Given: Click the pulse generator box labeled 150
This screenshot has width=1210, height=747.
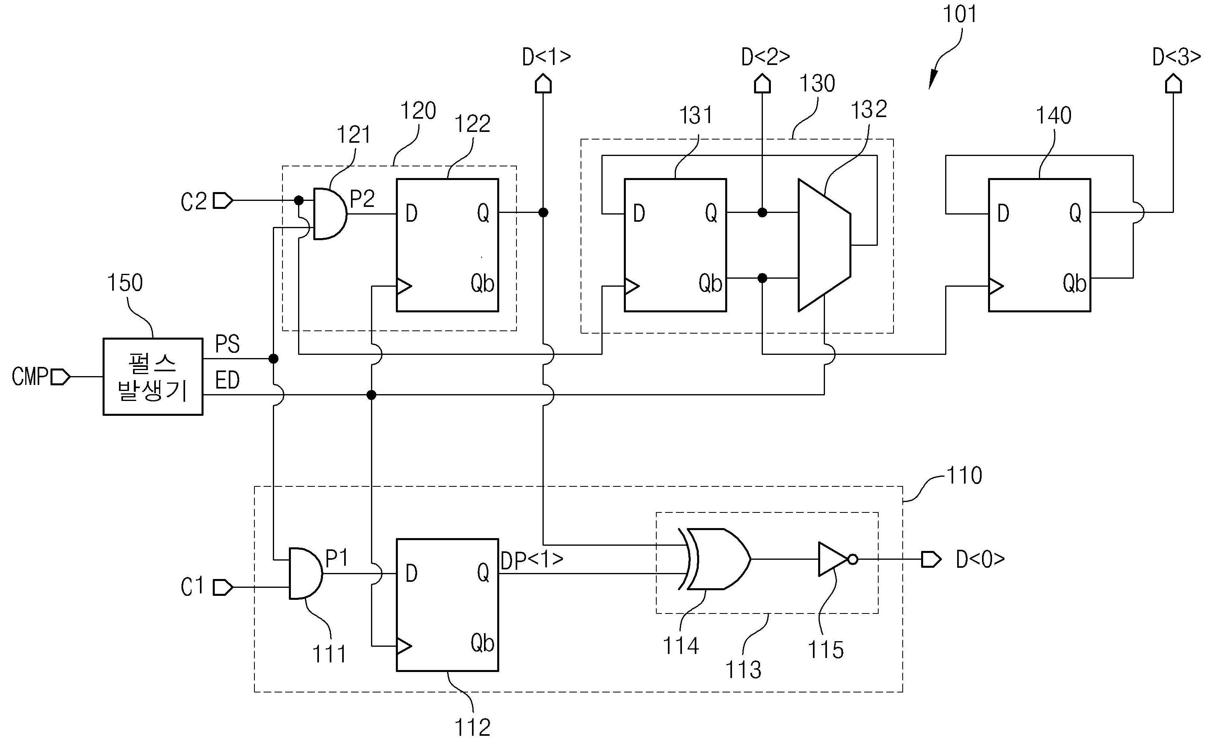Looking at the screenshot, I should (153, 377).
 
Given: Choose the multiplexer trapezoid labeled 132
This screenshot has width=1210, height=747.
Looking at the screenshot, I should (824, 245).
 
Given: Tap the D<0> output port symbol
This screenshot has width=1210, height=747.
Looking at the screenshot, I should (931, 559).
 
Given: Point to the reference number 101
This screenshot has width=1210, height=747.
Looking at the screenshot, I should (960, 14).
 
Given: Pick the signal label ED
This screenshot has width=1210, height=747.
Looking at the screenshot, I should (228, 381).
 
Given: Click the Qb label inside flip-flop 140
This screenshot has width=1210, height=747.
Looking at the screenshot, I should (1074, 283).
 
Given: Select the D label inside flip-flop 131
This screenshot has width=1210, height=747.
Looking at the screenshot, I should (639, 213).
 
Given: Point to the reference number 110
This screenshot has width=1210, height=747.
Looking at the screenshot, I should (964, 475).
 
